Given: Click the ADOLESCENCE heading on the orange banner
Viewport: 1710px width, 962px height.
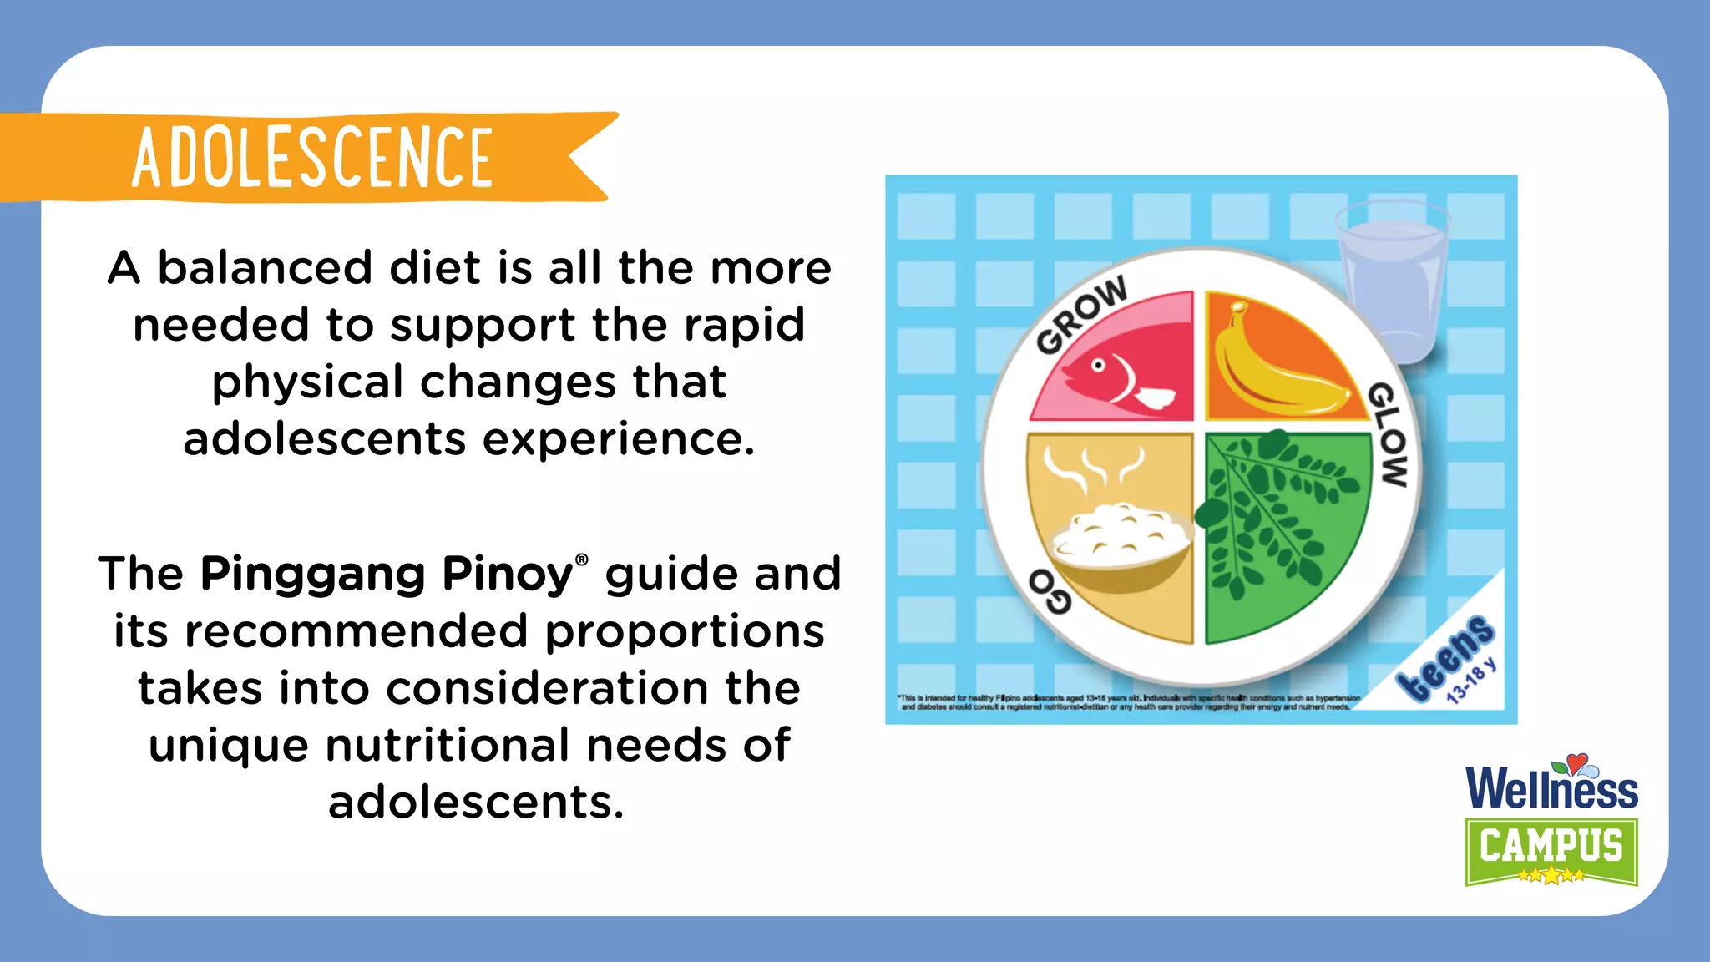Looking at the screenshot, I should (312, 157).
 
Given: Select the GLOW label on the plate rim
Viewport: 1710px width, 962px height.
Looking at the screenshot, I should (1389, 434).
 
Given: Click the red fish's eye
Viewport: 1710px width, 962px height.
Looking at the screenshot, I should (1099, 365).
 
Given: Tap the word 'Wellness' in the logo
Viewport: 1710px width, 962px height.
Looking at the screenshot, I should (1551, 788).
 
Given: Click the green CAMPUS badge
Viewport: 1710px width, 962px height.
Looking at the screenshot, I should (1551, 848).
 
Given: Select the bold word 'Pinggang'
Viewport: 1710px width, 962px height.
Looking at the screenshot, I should (312, 575).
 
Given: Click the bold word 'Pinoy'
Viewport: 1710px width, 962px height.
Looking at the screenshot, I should (507, 575).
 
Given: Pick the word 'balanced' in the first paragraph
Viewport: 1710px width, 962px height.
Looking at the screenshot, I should (265, 268).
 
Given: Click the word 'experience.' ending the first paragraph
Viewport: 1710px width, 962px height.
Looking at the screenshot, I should (619, 438).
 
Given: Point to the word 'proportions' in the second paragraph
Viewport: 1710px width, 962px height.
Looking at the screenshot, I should (685, 630).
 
